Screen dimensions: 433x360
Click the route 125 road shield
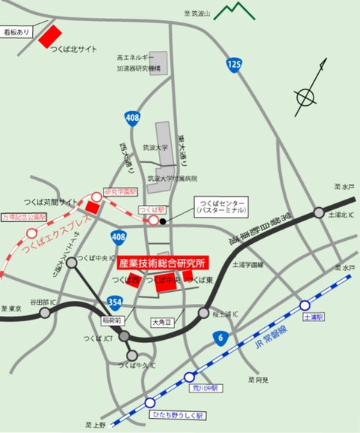(235, 66)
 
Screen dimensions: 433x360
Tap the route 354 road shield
(114, 301)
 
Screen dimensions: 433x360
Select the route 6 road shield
(219, 337)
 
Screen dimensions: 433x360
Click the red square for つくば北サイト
(50, 36)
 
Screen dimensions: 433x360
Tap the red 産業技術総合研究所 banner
(163, 263)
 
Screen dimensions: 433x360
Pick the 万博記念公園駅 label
(23, 216)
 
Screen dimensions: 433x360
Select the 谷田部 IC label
(35, 301)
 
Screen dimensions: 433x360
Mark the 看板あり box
(16, 32)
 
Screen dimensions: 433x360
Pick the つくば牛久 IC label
(136, 365)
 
